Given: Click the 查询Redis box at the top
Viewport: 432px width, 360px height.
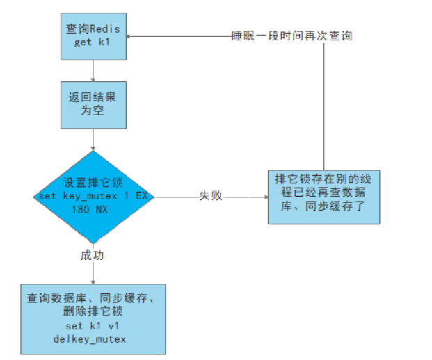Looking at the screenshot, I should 93,35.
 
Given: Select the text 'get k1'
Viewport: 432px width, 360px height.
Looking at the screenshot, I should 93,42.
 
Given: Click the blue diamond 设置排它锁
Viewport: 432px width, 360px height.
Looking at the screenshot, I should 93,197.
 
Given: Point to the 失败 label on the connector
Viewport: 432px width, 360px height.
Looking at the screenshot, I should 211,197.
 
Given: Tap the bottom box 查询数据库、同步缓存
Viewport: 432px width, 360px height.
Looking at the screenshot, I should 93,318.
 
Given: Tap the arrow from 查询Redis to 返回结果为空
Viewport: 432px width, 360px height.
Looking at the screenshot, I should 93,70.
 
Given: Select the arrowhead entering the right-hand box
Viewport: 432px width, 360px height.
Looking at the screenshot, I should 264,197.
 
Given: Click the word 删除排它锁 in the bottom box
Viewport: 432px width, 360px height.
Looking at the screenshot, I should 93,311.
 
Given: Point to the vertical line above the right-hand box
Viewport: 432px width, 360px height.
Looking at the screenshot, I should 323,104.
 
